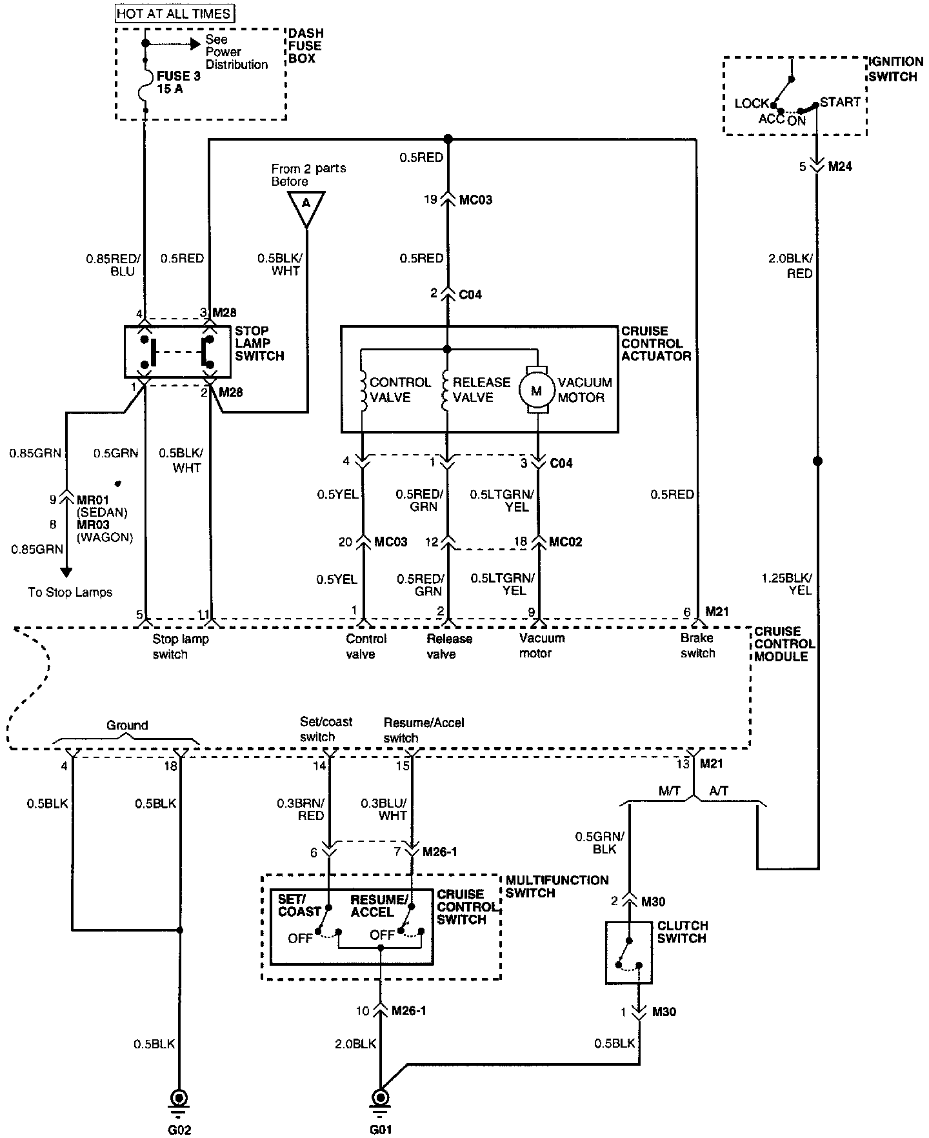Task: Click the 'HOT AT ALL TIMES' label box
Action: [x=174, y=13]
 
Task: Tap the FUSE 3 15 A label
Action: [x=178, y=83]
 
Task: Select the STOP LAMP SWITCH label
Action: [x=259, y=343]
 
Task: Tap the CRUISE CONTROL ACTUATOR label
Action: [x=656, y=343]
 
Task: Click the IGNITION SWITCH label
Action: [x=896, y=69]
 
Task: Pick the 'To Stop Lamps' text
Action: [x=70, y=592]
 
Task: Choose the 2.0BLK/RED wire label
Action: [x=792, y=266]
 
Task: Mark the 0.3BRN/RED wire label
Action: [x=301, y=809]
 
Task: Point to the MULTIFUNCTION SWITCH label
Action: [x=557, y=886]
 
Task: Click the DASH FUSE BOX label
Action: [x=306, y=46]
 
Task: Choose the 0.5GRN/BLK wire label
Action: [x=600, y=843]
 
